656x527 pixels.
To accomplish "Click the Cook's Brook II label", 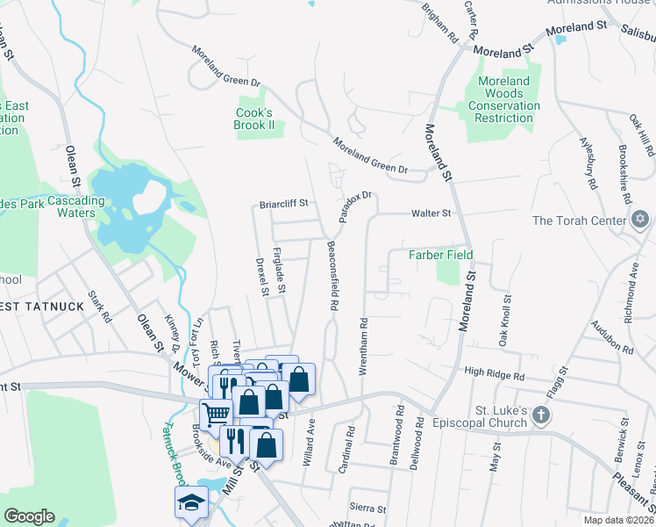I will tap(255, 119).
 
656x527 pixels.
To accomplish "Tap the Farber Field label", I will tap(441, 255).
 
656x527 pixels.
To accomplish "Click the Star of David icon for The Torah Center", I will tap(640, 220).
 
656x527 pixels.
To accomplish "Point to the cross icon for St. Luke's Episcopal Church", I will tap(542, 415).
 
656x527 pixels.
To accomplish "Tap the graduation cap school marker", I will tap(190, 503).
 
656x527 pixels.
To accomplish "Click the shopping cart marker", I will tap(216, 413).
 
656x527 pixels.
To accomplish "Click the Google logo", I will tap(29, 516).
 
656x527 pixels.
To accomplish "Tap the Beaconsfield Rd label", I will tap(332, 277).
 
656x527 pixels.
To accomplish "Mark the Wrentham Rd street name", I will tap(362, 347).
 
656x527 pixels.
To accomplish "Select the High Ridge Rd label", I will tap(494, 374).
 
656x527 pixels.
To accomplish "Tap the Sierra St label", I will tap(367, 509).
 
